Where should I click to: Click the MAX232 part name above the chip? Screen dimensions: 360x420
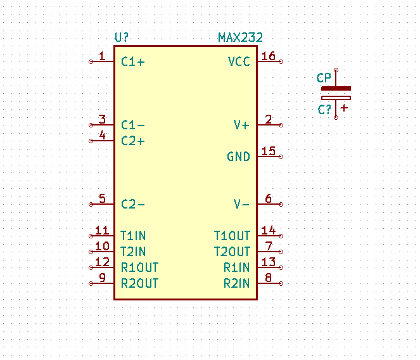pos(240,38)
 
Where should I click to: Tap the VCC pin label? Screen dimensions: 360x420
pos(239,61)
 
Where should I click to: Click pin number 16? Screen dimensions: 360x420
pos(268,56)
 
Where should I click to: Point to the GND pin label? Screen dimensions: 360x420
pos(238,157)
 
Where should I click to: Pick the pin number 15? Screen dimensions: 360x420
pos(268,151)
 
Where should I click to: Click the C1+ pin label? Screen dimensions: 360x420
pos(132,61)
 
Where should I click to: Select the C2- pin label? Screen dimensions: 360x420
pos(132,204)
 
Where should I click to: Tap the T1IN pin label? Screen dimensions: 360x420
pos(133,236)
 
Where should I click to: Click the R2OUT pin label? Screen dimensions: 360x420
pos(139,283)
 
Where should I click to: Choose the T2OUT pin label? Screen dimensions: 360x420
pos(232,252)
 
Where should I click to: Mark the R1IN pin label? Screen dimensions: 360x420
pos(236,267)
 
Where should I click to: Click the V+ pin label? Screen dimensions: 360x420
pos(241,125)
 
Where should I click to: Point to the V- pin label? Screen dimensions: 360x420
pos(241,204)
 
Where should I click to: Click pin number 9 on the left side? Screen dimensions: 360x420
pos(103,278)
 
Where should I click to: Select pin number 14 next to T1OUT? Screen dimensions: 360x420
pos(268,231)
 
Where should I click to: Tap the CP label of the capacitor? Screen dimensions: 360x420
pos(324,78)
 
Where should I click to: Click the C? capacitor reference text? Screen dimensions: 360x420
pos(324,110)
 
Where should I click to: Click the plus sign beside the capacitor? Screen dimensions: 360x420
pos(344,108)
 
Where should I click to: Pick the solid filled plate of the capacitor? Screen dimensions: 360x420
pos(336,89)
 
